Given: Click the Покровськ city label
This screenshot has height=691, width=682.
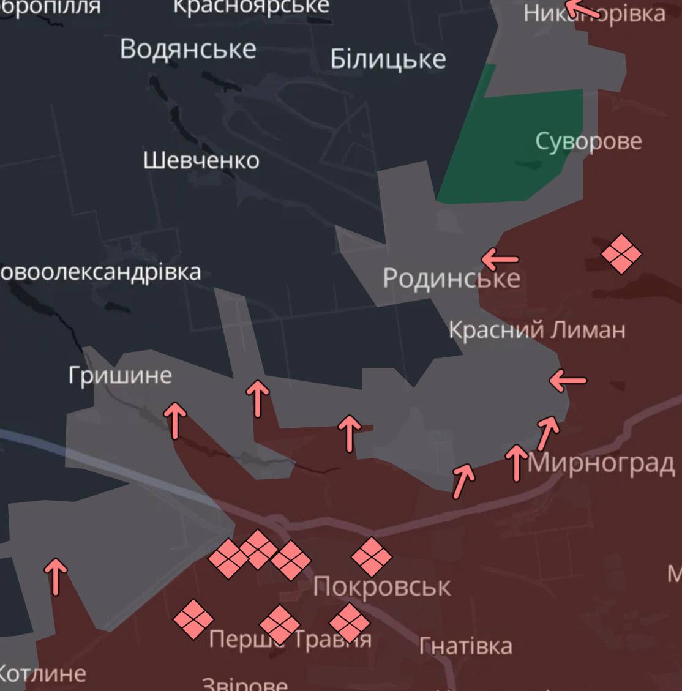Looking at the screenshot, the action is click(x=381, y=587).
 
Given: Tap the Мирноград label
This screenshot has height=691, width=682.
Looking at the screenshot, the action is click(x=601, y=463).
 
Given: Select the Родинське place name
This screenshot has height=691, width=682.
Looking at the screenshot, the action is click(x=451, y=278).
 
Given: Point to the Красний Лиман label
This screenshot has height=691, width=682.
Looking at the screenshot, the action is click(x=537, y=331).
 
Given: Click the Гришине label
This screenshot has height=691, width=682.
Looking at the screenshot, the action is click(x=120, y=375).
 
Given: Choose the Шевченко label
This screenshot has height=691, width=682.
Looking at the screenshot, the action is click(x=201, y=160).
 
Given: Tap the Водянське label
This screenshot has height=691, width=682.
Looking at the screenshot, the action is click(x=188, y=49).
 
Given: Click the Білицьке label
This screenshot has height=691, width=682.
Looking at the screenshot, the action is click(x=388, y=59).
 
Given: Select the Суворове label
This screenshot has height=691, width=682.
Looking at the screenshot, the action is click(x=588, y=141).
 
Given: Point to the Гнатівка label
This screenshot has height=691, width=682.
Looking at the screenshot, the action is click(x=466, y=646).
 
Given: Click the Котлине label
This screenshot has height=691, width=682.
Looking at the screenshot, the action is click(x=43, y=674).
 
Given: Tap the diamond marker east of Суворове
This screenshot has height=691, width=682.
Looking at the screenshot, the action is click(x=621, y=253).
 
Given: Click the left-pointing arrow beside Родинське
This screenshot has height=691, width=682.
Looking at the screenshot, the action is click(x=500, y=260).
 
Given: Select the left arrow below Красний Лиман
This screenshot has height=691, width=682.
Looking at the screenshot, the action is click(x=568, y=380).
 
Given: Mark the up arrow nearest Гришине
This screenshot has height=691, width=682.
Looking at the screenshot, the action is click(x=176, y=420).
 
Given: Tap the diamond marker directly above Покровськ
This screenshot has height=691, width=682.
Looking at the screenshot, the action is click(x=371, y=557).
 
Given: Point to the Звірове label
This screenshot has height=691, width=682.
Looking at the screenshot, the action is click(x=244, y=684).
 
